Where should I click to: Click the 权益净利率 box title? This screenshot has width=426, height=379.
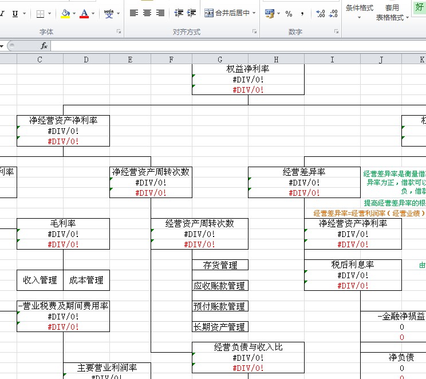click(x=248, y=69)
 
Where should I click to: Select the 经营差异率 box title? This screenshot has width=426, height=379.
click(x=304, y=172)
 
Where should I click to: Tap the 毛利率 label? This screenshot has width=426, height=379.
click(x=63, y=223)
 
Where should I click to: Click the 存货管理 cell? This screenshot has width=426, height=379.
click(x=220, y=265)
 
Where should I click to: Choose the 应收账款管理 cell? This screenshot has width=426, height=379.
click(x=220, y=286)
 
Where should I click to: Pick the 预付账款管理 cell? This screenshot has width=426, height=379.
click(x=220, y=306)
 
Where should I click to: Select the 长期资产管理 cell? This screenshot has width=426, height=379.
click(x=220, y=327)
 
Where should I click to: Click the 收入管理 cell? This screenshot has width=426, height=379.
click(x=40, y=280)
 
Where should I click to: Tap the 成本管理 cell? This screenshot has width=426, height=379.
click(x=86, y=280)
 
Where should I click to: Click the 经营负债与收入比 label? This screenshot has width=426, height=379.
click(x=248, y=348)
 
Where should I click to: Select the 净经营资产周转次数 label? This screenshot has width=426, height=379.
click(x=151, y=172)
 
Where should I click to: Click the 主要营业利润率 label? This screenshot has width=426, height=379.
click(x=107, y=368)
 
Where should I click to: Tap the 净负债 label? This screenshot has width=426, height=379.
click(x=401, y=358)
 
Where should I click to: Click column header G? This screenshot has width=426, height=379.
click(x=220, y=59)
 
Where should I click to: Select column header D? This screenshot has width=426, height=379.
click(x=86, y=59)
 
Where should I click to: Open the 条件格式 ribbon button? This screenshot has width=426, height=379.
click(x=360, y=8)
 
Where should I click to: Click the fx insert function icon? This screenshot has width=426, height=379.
click(x=44, y=46)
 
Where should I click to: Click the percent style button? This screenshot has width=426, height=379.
click(x=289, y=13)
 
